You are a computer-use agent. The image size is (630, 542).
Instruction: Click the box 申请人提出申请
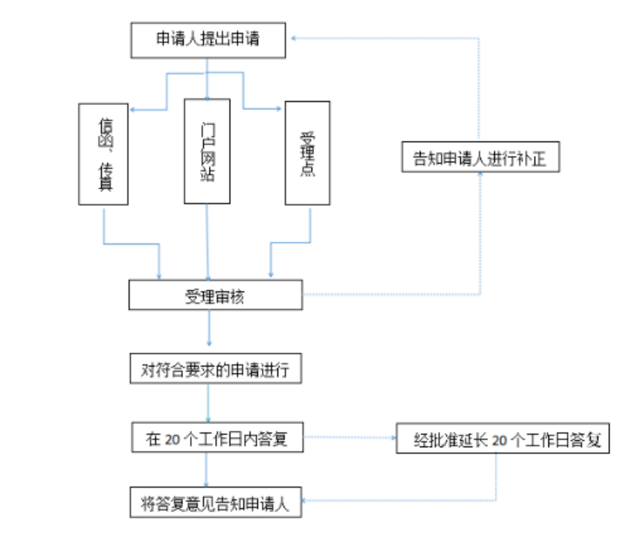[208, 39]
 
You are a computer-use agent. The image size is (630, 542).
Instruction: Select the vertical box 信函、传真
[104, 154]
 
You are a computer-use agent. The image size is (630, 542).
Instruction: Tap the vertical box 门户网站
[207, 150]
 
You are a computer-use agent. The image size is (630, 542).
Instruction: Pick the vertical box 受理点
[307, 152]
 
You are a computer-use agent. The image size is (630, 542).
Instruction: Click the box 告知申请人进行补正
[480, 158]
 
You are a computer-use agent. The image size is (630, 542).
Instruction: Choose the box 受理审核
[215, 296]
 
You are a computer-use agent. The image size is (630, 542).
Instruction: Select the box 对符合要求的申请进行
[215, 369]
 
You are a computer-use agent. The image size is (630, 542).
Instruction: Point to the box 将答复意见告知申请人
[215, 503]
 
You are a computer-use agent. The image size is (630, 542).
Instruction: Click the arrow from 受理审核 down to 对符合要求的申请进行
[208, 330]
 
